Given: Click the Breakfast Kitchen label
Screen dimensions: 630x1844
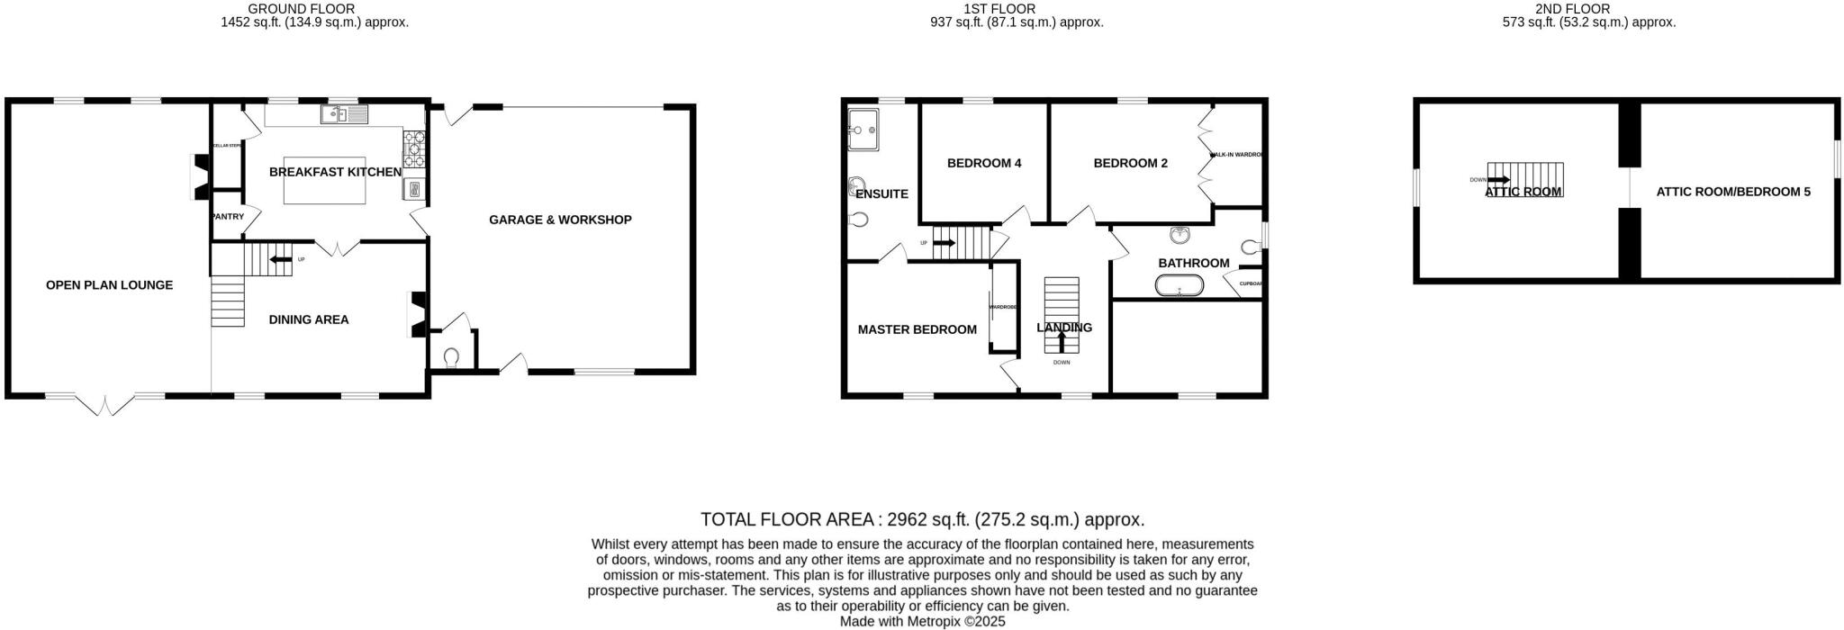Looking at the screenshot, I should [335, 172].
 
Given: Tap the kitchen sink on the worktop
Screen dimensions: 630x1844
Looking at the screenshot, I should [344, 114].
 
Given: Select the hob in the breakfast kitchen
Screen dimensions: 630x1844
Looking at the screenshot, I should [415, 148].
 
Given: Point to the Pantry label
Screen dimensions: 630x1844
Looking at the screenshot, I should [228, 217].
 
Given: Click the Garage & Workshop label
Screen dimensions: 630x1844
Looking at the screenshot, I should [560, 220].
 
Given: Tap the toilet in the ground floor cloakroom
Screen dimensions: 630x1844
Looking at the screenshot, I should [451, 358].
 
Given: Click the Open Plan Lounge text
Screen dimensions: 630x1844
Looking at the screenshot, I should [109, 285].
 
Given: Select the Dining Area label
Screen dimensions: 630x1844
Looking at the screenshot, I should [309, 319].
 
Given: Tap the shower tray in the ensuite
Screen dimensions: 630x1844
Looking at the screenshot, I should [864, 130].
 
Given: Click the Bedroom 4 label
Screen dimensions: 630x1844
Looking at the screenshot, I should [984, 164].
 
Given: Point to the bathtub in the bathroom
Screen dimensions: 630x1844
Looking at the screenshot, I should [1179, 287].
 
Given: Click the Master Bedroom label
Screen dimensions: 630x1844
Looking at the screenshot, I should [917, 329].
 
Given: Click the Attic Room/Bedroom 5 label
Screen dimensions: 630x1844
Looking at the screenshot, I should [1733, 192].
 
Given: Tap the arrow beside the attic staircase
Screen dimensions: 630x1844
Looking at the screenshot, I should [1498, 180].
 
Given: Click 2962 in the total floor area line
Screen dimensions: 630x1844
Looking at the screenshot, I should [908, 519].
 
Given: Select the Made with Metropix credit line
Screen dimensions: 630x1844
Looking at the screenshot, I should [922, 621].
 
